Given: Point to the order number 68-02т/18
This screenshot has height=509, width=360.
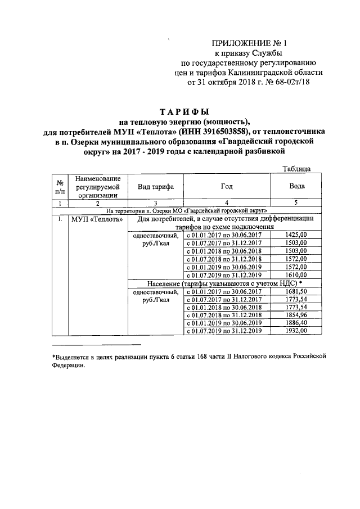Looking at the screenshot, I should [x=293, y=82].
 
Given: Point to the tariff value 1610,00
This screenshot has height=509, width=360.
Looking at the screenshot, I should [x=296, y=274].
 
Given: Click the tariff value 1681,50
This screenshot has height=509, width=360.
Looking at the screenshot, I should [x=296, y=291].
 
